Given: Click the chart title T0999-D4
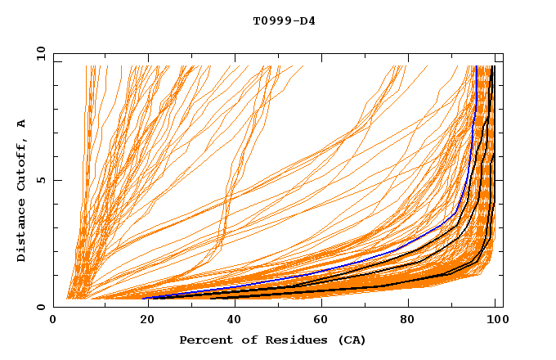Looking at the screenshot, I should pos(284,20).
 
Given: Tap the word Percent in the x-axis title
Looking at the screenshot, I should pos(204,340).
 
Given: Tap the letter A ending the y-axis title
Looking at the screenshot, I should pos(21,124).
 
